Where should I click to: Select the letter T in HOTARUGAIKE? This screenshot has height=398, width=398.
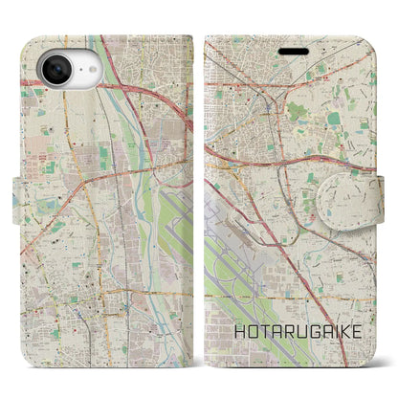pyautogui.click(x=259, y=353)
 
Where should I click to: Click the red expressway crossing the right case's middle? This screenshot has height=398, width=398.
pyautogui.click(x=287, y=153)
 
